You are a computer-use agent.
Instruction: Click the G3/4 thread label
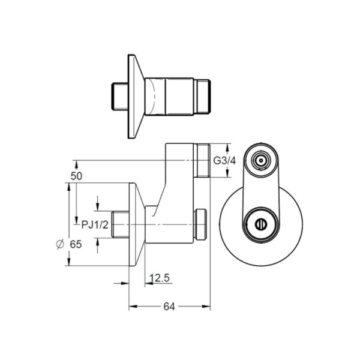click(x=224, y=161)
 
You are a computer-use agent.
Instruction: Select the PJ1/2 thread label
click(x=95, y=225)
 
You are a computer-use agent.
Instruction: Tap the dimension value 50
click(x=76, y=176)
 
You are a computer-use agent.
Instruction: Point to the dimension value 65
click(x=76, y=244)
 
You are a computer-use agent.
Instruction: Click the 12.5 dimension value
click(x=160, y=278)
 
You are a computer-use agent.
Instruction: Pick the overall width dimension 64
click(x=169, y=307)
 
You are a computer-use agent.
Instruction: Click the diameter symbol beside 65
click(x=60, y=244)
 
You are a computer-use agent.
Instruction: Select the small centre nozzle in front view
click(x=261, y=160)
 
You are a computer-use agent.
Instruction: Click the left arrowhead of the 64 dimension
click(x=133, y=306)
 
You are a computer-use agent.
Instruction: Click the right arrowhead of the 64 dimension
click(x=206, y=306)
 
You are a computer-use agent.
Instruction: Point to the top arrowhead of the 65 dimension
click(x=68, y=187)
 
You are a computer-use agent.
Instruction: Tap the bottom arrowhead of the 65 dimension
click(x=68, y=262)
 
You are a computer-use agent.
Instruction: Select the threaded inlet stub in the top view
click(x=119, y=97)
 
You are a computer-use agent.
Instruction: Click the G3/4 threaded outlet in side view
click(x=202, y=160)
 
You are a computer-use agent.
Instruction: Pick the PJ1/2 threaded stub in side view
click(x=120, y=224)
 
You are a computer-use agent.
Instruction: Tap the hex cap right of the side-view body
click(x=200, y=224)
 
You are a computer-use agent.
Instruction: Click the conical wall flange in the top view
click(x=136, y=97)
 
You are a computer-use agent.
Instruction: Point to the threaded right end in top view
click(x=202, y=97)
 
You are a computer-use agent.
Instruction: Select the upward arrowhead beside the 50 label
click(x=76, y=165)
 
